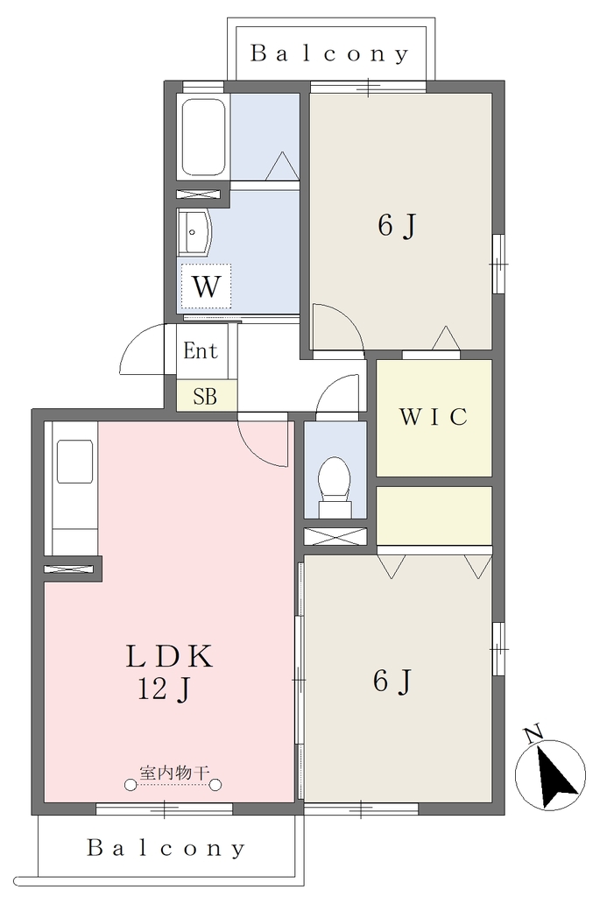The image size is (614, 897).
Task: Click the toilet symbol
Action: tap(335, 486)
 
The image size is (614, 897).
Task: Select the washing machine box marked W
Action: tap(206, 286)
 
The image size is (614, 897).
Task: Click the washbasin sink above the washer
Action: tap(194, 232)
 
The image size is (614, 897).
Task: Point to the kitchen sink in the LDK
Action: tap(75, 463)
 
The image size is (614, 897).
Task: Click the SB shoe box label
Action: tap(205, 397)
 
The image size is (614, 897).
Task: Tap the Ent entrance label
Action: tap(201, 350)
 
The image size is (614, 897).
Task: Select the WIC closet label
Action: tap(434, 417)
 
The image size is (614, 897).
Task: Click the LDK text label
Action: tap(169, 656)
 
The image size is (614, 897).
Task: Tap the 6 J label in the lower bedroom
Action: tap(392, 682)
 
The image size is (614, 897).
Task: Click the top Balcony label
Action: tap(329, 53)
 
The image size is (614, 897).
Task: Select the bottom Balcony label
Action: tap(166, 848)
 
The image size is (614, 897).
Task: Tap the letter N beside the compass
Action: tap(533, 734)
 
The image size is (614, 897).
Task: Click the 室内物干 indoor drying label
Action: tap(173, 773)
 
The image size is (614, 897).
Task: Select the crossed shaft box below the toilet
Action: tap(335, 537)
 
